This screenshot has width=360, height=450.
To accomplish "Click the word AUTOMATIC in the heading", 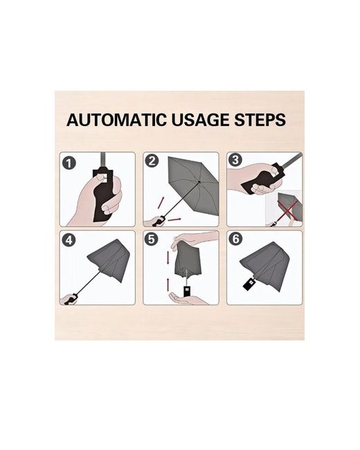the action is pyautogui.click(x=116, y=120).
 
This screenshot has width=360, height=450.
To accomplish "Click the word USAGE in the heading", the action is pyautogui.click(x=200, y=120).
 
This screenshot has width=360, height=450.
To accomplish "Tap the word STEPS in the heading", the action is pyautogui.click(x=260, y=120).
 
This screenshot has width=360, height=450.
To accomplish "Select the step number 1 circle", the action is pyautogui.click(x=69, y=163).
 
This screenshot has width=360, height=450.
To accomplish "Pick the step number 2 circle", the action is pyautogui.click(x=152, y=161).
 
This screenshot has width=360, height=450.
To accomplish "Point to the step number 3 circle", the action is pyautogui.click(x=235, y=160).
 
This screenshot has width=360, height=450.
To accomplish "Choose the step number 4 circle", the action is pyautogui.click(x=69, y=240).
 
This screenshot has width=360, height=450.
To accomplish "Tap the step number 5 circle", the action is pyautogui.click(x=152, y=239).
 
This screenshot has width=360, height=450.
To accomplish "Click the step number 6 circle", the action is pyautogui.click(x=235, y=238).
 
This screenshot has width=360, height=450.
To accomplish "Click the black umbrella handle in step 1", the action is pyautogui.click(x=101, y=195).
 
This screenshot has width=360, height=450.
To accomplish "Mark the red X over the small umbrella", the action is pyautogui.click(x=289, y=210).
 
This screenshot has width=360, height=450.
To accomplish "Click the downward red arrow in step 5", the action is pyautogui.click(x=168, y=258).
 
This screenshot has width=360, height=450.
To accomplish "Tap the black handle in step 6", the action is pyautogui.click(x=249, y=284).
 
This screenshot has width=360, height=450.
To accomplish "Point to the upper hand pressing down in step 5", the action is pyautogui.click(x=195, y=237).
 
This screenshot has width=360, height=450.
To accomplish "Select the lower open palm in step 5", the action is pyautogui.click(x=188, y=298).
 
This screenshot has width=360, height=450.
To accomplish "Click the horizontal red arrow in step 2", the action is pyautogui.click(x=174, y=220).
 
